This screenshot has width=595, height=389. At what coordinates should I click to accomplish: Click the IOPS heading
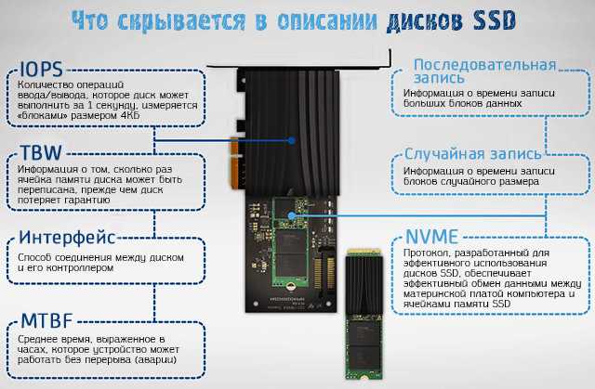pyautogui.click(x=41, y=70)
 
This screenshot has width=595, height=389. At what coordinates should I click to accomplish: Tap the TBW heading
pyautogui.click(x=41, y=152)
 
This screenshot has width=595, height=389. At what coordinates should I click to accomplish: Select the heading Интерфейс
pyautogui.click(x=67, y=238)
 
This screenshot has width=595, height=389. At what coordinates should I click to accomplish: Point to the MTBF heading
pyautogui.click(x=46, y=320)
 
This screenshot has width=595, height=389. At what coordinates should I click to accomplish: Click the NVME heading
pyautogui.click(x=431, y=237)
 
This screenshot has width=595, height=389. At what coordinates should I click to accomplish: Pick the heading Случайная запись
pyautogui.click(x=473, y=154)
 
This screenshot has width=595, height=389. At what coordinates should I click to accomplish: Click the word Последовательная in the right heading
pyautogui.click(x=484, y=65)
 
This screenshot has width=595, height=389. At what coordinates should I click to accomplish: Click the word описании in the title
pyautogui.click(x=327, y=21)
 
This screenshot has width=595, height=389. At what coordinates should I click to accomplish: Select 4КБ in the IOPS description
pyautogui.click(x=130, y=115)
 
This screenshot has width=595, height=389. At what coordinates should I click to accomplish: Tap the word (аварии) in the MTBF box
pyautogui.click(x=156, y=359)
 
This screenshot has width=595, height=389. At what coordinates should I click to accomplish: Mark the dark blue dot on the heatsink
pyautogui.click(x=291, y=140)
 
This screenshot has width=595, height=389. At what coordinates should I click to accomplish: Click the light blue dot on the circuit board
pyautogui.click(x=291, y=216)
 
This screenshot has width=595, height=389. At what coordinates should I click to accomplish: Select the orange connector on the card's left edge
pyautogui.click(x=234, y=162)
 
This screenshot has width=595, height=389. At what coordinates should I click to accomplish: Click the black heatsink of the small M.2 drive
pyautogui.click(x=364, y=284)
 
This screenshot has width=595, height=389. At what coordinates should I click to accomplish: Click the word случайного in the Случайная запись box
pyautogui.click(x=470, y=181)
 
